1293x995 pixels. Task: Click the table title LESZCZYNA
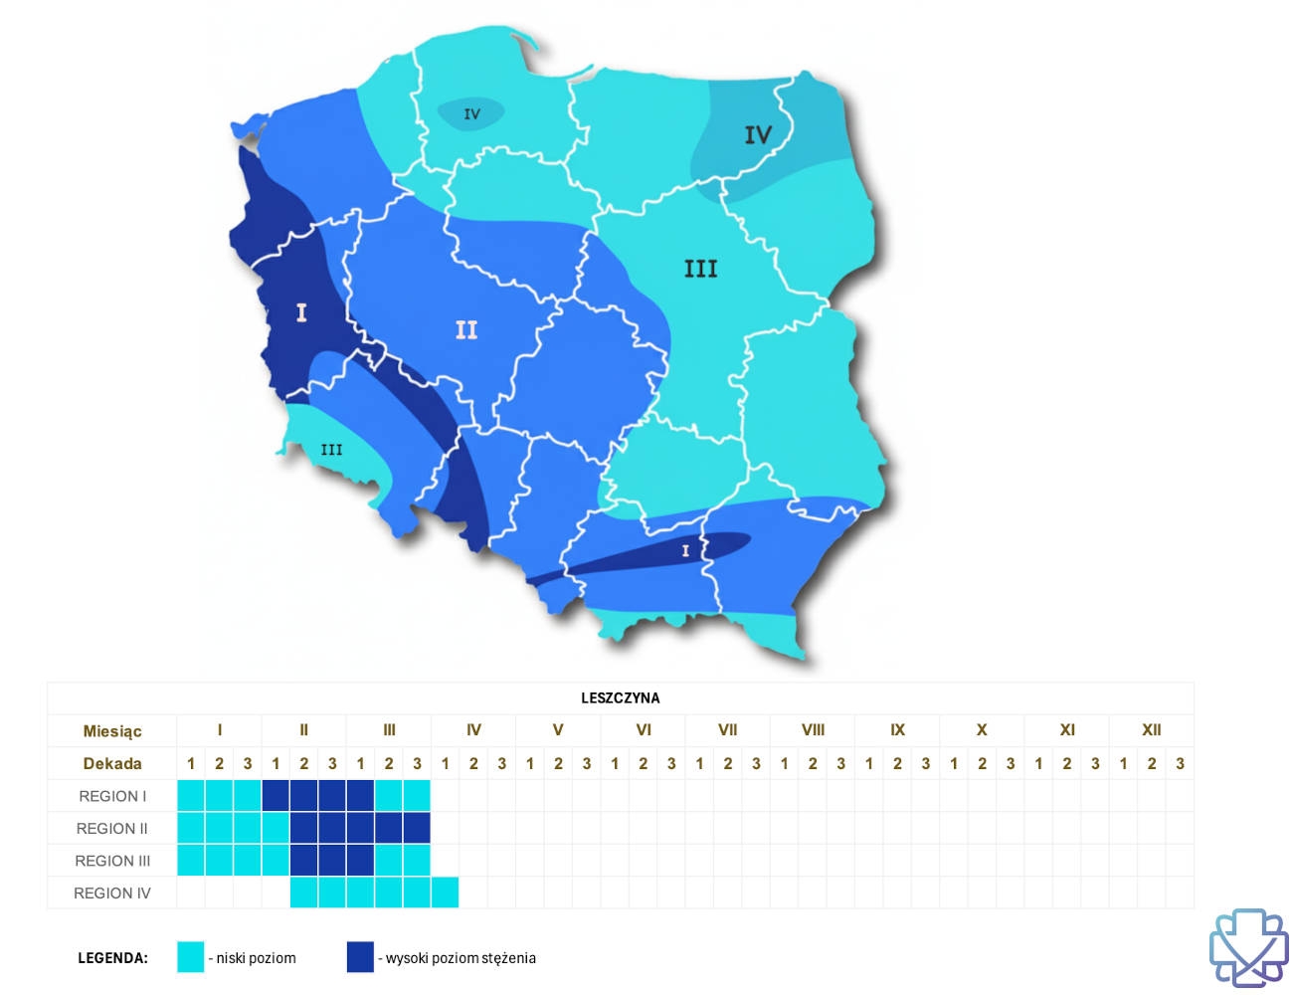pyautogui.click(x=620, y=698)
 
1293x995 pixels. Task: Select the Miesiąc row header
pyautogui.click(x=112, y=731)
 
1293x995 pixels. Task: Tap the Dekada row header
pyautogui.click(x=112, y=764)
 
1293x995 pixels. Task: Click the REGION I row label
pyautogui.click(x=112, y=796)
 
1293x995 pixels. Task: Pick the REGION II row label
pyautogui.click(x=112, y=829)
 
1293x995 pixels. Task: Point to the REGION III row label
pyautogui.click(x=112, y=861)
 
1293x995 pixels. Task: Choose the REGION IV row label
pyautogui.click(x=112, y=894)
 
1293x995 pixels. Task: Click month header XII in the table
pyautogui.click(x=1152, y=730)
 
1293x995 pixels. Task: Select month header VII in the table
pyautogui.click(x=728, y=730)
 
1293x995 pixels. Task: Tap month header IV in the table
pyautogui.click(x=473, y=730)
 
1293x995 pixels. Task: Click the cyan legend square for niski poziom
pyautogui.click(x=191, y=957)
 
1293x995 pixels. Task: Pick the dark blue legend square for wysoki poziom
pyautogui.click(x=360, y=957)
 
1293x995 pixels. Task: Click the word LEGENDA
pyautogui.click(x=112, y=958)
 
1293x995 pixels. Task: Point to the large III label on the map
pyautogui.click(x=700, y=269)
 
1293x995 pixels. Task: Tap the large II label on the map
pyautogui.click(x=465, y=329)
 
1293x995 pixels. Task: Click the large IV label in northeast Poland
pyautogui.click(x=758, y=134)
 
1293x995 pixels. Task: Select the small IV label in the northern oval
pyautogui.click(x=471, y=114)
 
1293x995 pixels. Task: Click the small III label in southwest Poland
pyautogui.click(x=331, y=450)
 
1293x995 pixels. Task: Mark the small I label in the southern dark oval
pyautogui.click(x=684, y=550)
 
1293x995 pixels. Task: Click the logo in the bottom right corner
pyautogui.click(x=1248, y=947)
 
